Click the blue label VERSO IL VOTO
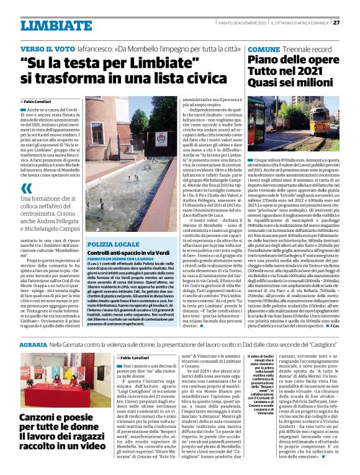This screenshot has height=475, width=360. pyautogui.click(x=43, y=48)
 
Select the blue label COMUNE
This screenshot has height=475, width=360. pyautogui.click(x=263, y=48)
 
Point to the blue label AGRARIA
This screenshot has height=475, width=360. pyautogui.click(x=33, y=343)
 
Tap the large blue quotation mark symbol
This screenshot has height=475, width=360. pyautogui.click(x=25, y=189)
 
